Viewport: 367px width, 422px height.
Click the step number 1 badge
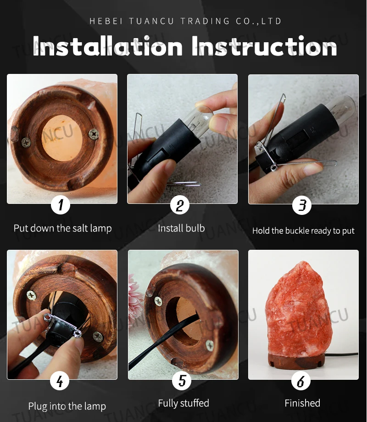[61, 205]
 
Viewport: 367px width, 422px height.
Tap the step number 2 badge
[180, 205]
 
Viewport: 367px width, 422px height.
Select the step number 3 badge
[302, 205]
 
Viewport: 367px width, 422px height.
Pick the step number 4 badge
[60, 381]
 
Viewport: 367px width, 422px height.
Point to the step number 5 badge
[182, 381]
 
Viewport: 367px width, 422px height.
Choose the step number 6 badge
[301, 381]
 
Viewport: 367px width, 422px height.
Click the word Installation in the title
[108, 46]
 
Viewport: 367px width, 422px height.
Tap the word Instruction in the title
[264, 46]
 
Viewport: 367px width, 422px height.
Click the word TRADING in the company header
[205, 21]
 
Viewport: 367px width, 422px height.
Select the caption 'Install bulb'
[181, 228]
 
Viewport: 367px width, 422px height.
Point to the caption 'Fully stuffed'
[183, 403]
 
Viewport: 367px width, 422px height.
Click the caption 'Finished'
[302, 403]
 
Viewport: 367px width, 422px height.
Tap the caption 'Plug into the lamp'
[67, 406]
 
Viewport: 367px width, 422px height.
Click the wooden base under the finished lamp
[296, 361]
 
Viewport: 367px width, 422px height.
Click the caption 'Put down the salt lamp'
[63, 228]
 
